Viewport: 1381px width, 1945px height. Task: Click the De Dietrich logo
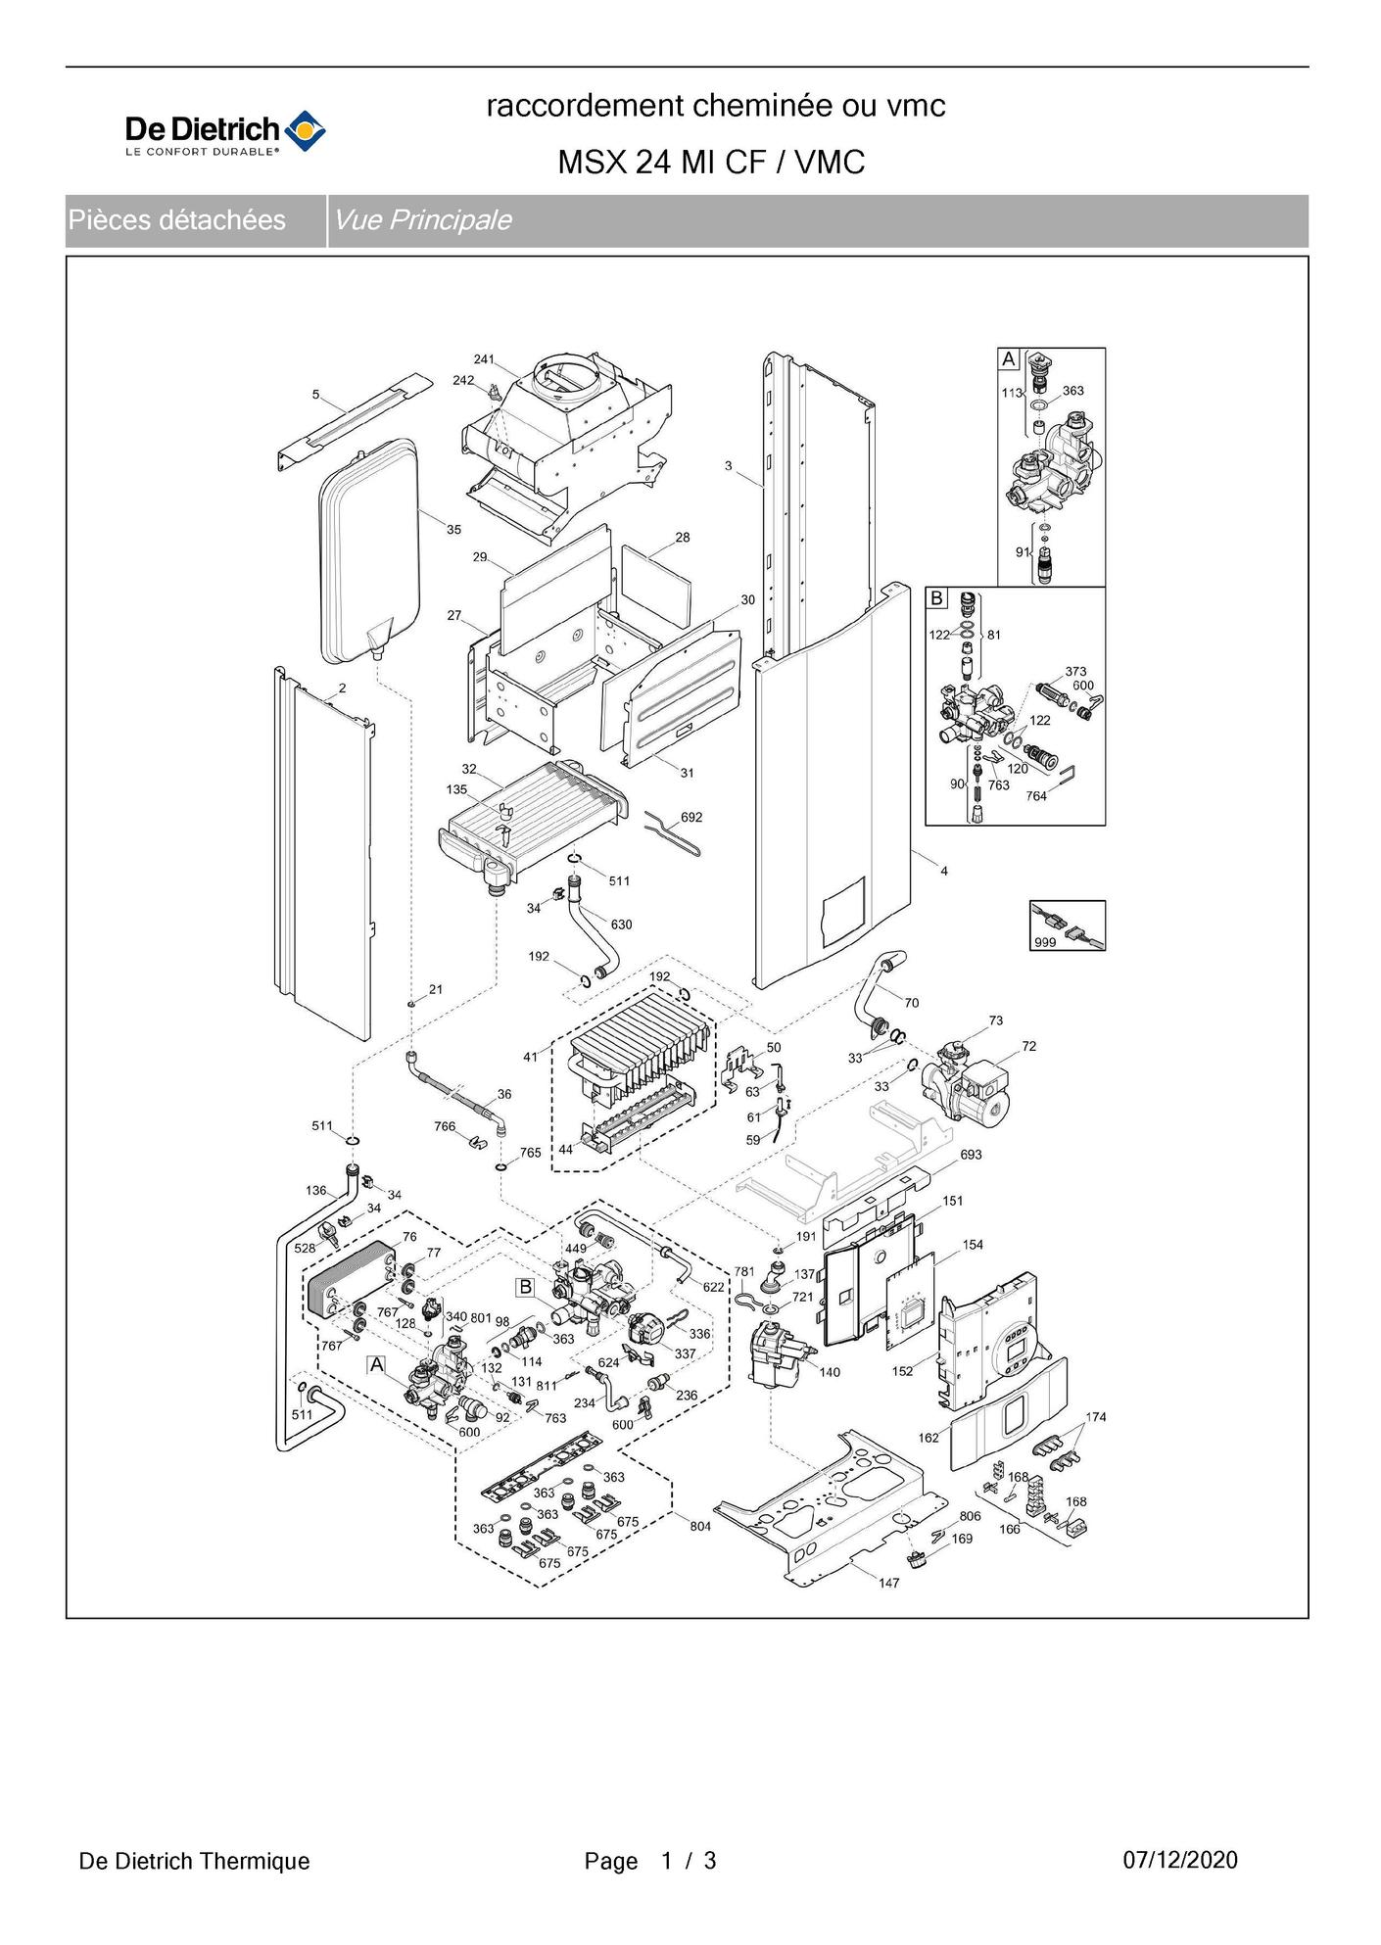click(225, 133)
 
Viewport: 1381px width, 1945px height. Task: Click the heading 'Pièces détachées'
click(176, 220)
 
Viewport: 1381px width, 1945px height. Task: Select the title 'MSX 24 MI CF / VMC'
click(711, 162)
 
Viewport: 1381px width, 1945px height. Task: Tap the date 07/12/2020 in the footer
click(1180, 1860)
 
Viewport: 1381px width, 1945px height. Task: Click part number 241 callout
click(484, 359)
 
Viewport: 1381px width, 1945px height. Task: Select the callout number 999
click(1045, 943)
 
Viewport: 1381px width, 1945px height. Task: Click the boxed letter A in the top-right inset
click(1009, 359)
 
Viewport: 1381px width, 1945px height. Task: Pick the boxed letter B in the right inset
click(937, 597)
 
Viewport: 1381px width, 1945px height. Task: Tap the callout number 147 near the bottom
click(888, 1583)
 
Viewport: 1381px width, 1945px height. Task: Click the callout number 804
click(700, 1527)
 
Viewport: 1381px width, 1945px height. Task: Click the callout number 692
click(691, 817)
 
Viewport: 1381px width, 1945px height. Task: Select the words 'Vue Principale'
click(422, 220)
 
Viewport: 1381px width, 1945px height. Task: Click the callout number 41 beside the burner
click(530, 1057)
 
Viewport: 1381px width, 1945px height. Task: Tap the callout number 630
click(621, 924)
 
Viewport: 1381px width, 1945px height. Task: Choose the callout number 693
click(971, 1155)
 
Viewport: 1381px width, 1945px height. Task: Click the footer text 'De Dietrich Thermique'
click(194, 1861)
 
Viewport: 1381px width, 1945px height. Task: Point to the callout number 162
click(929, 1438)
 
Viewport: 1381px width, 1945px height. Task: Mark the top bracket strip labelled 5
click(355, 419)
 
